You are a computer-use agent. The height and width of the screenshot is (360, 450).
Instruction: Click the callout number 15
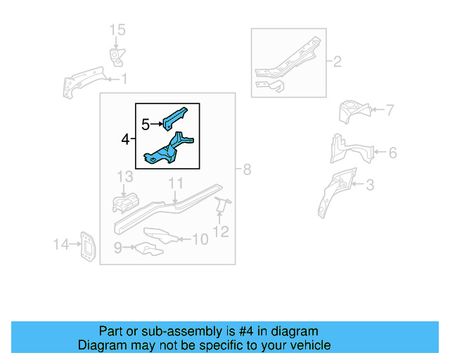[117, 30]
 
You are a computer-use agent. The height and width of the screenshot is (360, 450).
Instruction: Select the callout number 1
[124, 79]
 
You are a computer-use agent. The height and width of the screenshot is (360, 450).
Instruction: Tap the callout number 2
[337, 63]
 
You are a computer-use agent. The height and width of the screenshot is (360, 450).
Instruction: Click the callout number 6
[392, 153]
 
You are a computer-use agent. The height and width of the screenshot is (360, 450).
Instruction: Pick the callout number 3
[370, 186]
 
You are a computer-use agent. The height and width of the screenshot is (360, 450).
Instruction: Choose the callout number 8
[246, 169]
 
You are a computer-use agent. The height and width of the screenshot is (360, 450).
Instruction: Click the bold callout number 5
[146, 125]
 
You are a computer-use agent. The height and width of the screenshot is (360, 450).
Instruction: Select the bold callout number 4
[125, 141]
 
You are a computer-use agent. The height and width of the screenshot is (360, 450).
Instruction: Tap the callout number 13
[124, 176]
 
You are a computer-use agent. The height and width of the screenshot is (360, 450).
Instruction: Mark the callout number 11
[175, 184]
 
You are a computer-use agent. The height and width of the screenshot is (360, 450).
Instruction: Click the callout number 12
[221, 231]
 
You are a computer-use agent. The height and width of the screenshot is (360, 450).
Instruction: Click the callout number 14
[60, 245]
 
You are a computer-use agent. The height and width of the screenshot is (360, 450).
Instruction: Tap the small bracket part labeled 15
[115, 56]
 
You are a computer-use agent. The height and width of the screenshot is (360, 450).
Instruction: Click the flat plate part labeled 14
[87, 245]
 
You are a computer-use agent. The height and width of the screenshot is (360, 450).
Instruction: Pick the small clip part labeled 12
[222, 205]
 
